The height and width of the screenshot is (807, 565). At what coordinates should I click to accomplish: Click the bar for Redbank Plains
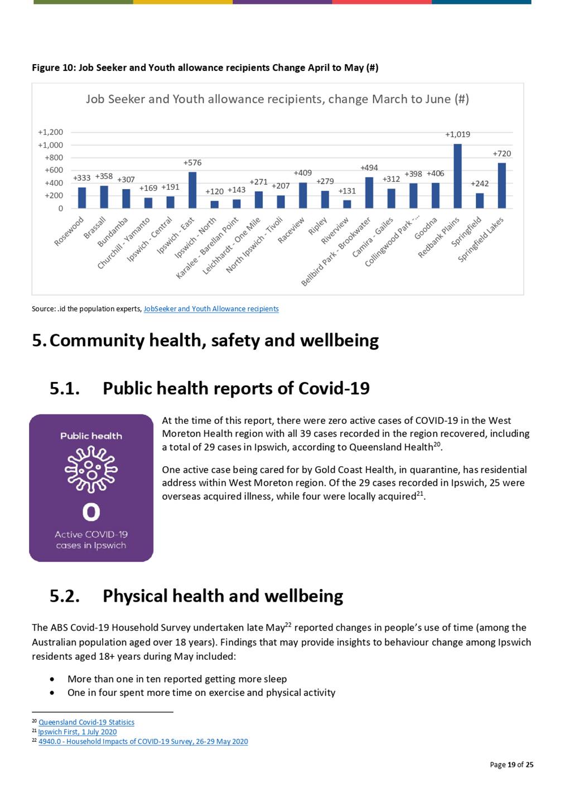[x=457, y=176]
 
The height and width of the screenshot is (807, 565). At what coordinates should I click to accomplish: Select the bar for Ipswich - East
[x=192, y=190]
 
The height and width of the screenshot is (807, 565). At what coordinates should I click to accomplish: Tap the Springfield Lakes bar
[x=501, y=186]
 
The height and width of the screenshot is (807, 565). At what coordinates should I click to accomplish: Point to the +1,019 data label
[x=457, y=134]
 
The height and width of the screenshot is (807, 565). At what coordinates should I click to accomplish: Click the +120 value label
[x=214, y=191]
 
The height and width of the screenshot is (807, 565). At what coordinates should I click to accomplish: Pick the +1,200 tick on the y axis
[x=50, y=132]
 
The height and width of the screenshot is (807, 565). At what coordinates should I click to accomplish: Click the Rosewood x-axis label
[x=69, y=231]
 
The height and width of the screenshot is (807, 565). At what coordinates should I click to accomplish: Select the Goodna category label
[x=426, y=228]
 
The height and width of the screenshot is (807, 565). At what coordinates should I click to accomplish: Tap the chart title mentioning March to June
[x=277, y=99]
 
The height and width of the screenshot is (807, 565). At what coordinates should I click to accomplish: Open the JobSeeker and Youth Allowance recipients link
[x=211, y=309]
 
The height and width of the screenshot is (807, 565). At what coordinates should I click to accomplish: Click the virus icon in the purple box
[x=91, y=469]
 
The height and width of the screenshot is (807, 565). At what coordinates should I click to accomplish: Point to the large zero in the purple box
[x=91, y=512]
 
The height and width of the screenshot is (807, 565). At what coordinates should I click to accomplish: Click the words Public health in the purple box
[x=91, y=436]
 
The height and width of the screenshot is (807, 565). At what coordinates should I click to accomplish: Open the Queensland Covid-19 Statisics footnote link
[x=86, y=722]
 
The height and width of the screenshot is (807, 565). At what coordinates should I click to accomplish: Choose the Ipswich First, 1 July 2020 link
[x=78, y=732]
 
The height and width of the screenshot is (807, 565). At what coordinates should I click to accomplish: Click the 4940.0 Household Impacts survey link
[x=143, y=741]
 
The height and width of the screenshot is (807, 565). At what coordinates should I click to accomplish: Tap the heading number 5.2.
[x=65, y=596]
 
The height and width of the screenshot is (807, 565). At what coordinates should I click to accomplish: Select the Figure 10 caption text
[x=205, y=67]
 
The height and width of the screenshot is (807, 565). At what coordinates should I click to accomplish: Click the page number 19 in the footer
[x=511, y=765]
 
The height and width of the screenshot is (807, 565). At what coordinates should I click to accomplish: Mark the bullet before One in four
[x=52, y=693]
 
